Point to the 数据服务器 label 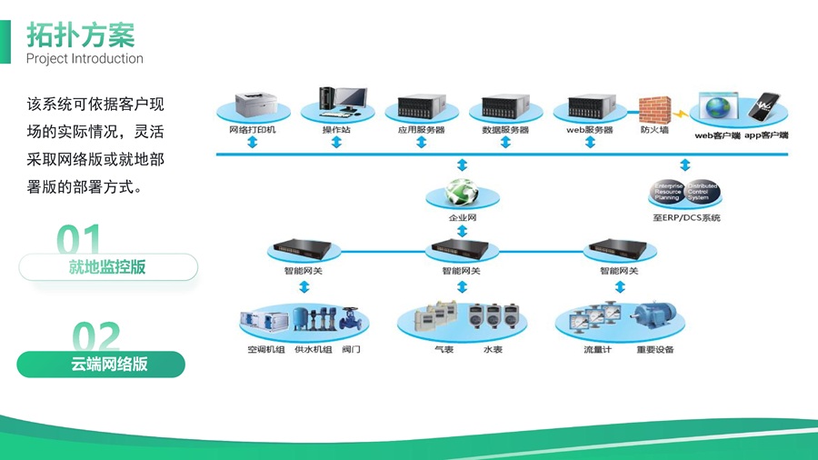point(505,131)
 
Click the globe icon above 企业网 point(462,194)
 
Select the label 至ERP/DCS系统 point(686,218)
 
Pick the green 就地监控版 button point(107,267)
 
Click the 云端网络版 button point(101,365)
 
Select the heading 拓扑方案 point(80,35)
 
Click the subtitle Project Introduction point(85,59)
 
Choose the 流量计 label point(597,350)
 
